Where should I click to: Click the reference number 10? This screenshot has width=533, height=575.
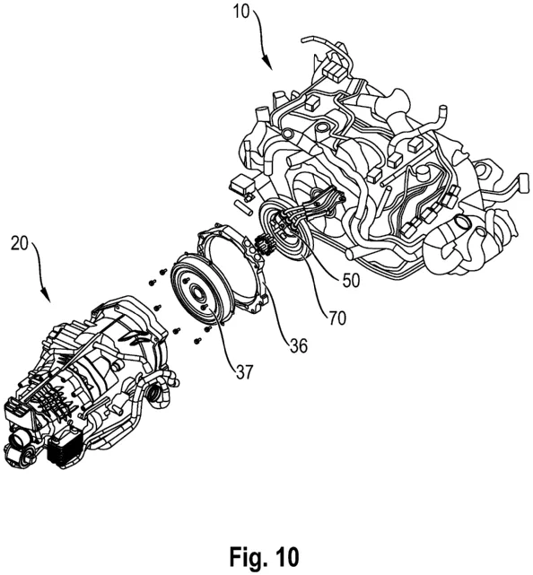(x=241, y=12)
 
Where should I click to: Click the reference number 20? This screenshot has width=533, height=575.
(x=20, y=243)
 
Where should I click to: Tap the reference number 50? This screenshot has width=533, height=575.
(x=351, y=281)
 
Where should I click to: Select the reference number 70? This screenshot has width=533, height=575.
(x=337, y=318)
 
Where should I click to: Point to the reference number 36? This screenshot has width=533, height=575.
(x=298, y=345)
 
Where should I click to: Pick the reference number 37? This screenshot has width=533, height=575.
(x=244, y=372)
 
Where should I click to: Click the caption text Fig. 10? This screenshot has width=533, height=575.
(x=264, y=557)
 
